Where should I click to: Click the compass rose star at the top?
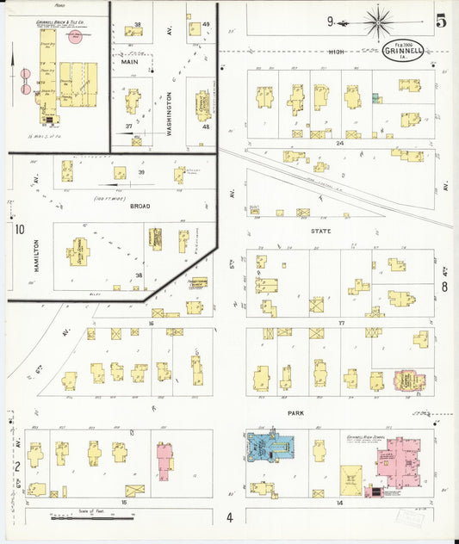coord(377,21)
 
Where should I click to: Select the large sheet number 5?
coord(440,22)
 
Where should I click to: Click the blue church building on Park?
coord(272,445)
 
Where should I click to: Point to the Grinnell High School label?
coord(371,436)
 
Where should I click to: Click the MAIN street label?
coord(129,62)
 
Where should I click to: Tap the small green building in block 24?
coord(375,99)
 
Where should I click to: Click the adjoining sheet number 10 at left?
coord(18,229)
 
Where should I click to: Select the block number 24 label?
coord(339,143)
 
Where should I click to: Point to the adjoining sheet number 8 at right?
coord(444,287)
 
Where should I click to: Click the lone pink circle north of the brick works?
coord(76,39)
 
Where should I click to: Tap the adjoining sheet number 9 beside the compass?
coord(330,21)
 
